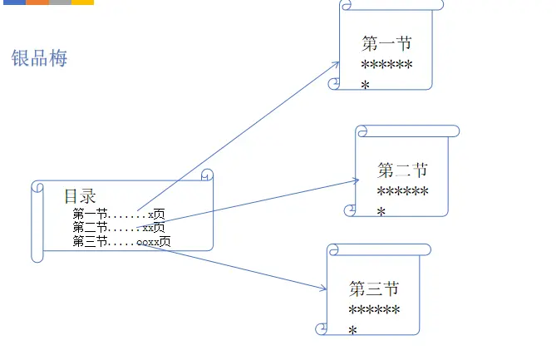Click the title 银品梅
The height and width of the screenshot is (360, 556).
tap(39, 58)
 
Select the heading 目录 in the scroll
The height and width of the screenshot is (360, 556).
tap(80, 196)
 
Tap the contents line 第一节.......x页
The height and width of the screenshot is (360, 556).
tap(118, 215)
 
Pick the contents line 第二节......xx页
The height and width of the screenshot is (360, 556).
tap(118, 228)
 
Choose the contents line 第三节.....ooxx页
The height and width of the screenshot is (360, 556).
tap(121, 242)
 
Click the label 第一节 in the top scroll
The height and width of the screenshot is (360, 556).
tap(386, 44)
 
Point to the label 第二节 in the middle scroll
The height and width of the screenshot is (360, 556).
tap(402, 171)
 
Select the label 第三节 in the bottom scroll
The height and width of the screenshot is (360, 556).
tap(374, 289)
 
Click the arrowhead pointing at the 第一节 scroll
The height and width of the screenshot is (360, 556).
tap(336, 63)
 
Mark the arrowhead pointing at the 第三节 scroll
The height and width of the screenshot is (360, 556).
tap(324, 288)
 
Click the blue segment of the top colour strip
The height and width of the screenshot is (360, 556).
tap(12, 2)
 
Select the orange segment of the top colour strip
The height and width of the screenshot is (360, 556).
tap(37, 2)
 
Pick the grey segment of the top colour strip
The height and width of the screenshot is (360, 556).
tap(60, 2)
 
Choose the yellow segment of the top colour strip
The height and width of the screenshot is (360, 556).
tap(82, 2)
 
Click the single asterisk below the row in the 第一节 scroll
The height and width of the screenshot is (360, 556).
tap(366, 84)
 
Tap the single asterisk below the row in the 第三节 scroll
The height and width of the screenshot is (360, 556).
tap(353, 331)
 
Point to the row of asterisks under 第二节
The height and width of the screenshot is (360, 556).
tap(402, 193)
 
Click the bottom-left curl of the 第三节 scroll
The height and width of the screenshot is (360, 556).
tap(321, 329)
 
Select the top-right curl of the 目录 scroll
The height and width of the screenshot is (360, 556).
tap(207, 175)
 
